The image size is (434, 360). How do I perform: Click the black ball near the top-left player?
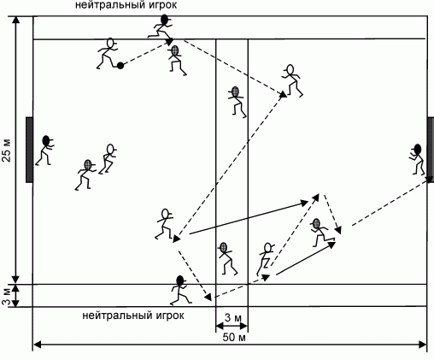(120, 66)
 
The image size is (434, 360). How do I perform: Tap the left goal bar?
(29, 150)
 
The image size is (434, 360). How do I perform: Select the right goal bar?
(431, 150)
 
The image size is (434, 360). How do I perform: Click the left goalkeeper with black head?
(45, 150)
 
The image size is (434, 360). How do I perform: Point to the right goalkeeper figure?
(416, 159)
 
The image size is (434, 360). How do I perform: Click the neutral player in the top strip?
(161, 27)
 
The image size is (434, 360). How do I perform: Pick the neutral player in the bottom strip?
(180, 290)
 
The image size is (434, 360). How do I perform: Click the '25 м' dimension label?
(7, 150)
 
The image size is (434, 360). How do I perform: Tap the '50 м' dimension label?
(234, 338)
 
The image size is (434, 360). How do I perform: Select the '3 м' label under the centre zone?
(233, 318)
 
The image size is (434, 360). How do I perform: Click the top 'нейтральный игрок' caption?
(126, 5)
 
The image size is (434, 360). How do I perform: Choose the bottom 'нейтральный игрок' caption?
(133, 316)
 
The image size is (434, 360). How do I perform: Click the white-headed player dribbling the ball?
(108, 54)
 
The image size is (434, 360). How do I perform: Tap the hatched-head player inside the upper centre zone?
(237, 102)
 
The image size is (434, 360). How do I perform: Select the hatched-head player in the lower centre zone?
(226, 258)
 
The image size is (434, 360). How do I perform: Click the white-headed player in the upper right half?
(292, 81)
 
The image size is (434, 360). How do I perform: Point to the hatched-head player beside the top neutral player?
(177, 60)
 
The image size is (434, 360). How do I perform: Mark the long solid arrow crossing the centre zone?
(249, 218)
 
